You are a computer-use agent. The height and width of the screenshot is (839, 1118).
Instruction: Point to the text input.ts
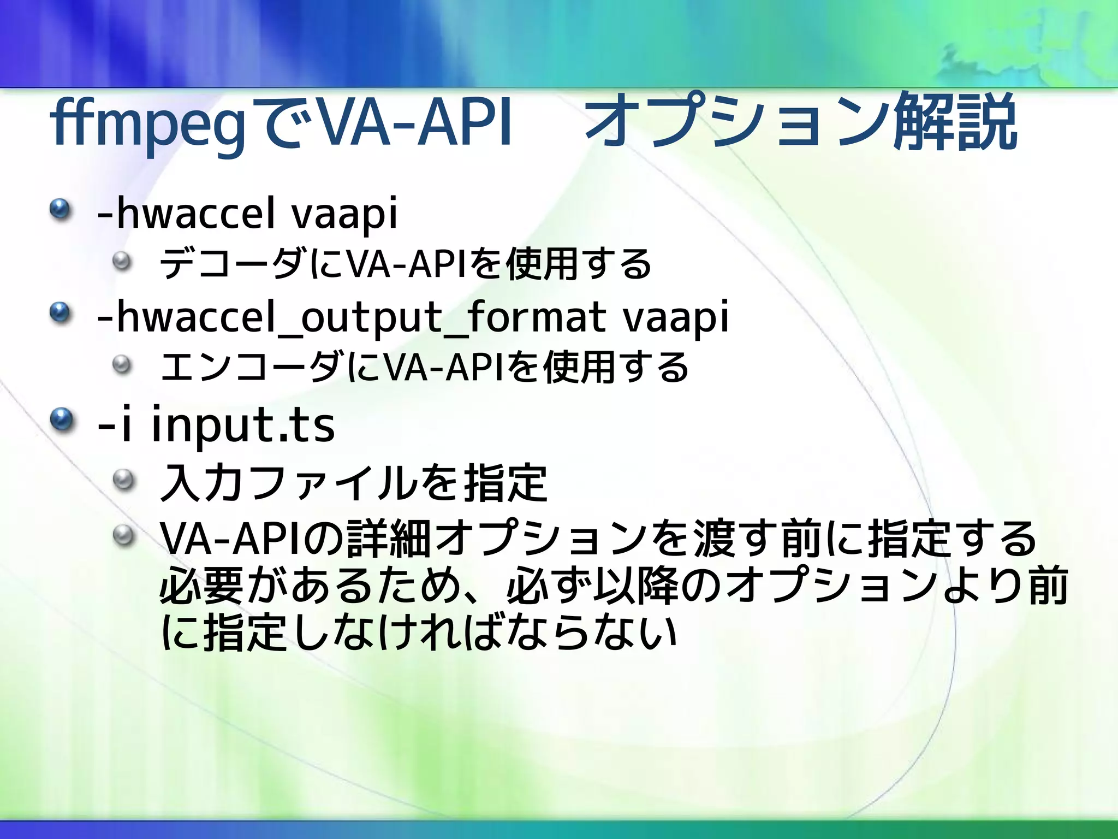point(242,425)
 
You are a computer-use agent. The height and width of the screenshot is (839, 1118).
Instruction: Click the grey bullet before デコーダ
point(123,261)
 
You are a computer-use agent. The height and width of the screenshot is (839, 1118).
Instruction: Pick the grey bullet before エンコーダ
point(123,364)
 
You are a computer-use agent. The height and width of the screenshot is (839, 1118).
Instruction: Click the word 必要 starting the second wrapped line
point(202,586)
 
